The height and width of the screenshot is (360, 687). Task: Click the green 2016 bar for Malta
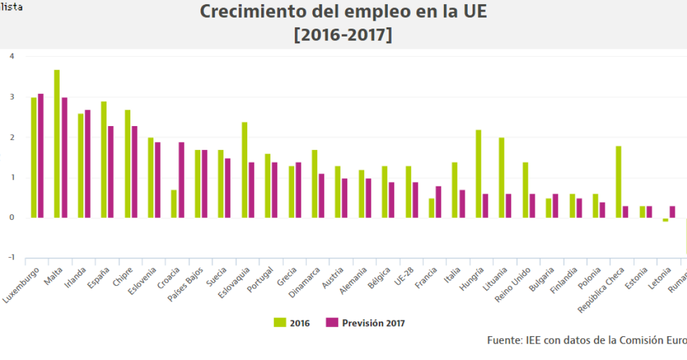point(57,144)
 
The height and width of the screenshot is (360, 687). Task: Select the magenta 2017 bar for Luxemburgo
point(41,156)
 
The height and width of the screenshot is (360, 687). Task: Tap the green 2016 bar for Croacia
point(174,204)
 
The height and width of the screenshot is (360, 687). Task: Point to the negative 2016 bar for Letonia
point(665,220)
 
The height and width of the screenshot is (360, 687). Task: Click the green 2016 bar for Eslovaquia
point(244,170)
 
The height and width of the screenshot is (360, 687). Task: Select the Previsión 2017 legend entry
point(365,323)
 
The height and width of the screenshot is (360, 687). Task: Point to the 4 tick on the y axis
point(12,56)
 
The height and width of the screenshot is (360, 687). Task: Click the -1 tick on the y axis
point(10,258)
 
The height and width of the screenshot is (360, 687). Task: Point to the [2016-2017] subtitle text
point(343,35)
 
